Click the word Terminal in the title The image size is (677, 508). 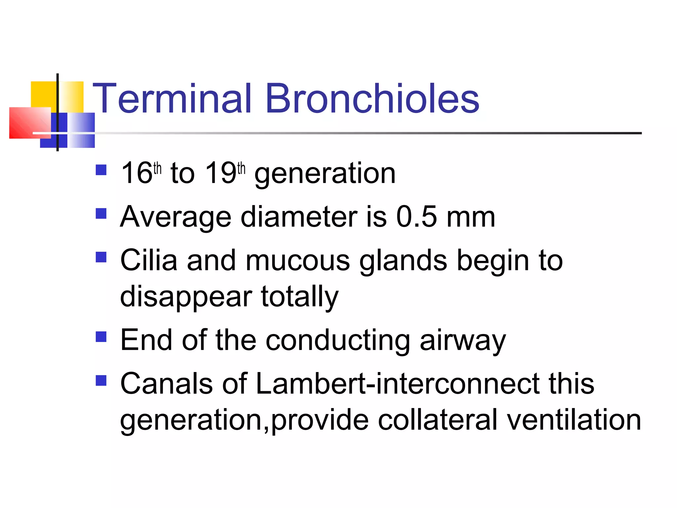tap(172, 99)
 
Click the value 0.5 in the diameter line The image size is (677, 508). tap(417, 217)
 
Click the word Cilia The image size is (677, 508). tap(148, 260)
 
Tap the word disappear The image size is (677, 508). tap(186, 297)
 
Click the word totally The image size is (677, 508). tap(299, 297)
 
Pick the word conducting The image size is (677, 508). tap(338, 341)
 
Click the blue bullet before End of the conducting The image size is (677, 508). tap(101, 337)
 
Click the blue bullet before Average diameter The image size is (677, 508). tap(101, 214)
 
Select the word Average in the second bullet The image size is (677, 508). tap(176, 217)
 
